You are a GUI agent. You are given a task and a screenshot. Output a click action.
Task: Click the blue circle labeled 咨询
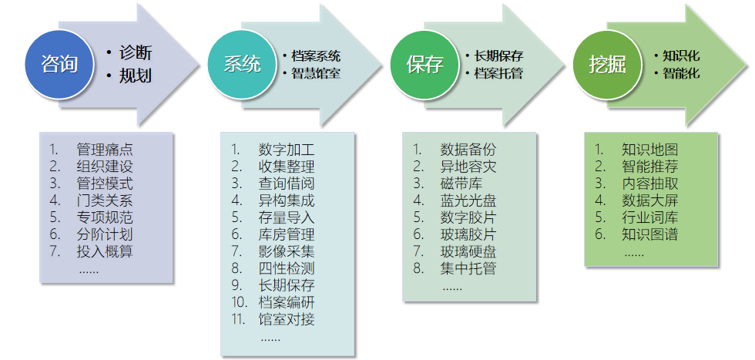[59, 65]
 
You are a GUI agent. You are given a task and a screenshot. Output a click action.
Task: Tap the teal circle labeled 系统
[241, 65]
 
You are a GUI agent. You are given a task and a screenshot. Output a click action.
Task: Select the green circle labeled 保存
[424, 65]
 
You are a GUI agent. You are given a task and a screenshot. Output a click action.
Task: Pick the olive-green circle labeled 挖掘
[606, 65]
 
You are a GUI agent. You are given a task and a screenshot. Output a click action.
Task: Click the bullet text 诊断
[136, 53]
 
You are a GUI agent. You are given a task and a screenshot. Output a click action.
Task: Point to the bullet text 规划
[136, 76]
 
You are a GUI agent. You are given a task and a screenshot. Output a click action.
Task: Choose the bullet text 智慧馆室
[316, 74]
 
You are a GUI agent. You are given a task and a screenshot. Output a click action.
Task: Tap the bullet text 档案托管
[498, 74]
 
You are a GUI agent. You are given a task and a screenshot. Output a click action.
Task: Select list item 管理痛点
[105, 150]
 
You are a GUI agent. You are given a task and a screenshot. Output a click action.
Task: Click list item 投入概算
[105, 251]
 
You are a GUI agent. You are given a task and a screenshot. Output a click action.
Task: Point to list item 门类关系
[105, 200]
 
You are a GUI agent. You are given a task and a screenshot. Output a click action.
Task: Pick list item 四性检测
[287, 268]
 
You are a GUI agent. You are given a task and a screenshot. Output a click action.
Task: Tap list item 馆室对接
[287, 319]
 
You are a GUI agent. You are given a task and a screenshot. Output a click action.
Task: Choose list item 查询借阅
[287, 183]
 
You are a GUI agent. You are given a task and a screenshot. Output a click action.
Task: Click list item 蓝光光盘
[468, 200]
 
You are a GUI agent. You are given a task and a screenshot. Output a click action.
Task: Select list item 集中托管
[468, 268]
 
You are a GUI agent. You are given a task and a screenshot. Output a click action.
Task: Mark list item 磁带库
[461, 183]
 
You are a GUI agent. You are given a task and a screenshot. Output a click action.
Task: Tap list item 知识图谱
[650, 234]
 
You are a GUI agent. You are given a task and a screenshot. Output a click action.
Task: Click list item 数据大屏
[650, 200]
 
